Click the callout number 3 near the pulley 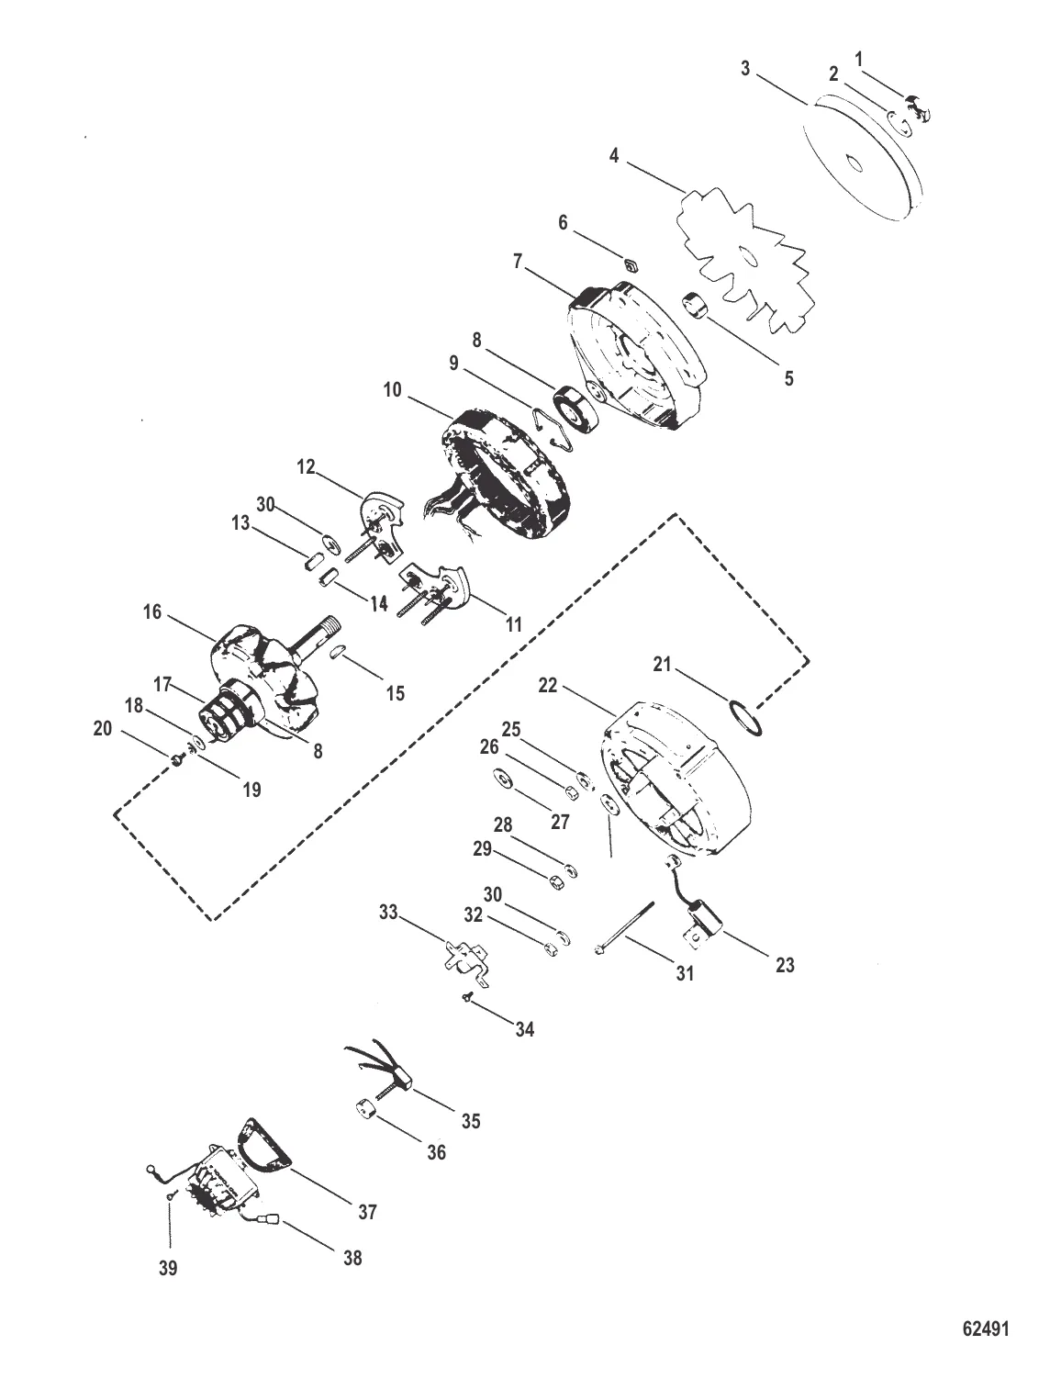(x=746, y=69)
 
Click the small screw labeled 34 (x=469, y=999)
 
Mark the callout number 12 (x=306, y=468)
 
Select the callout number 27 (x=561, y=822)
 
